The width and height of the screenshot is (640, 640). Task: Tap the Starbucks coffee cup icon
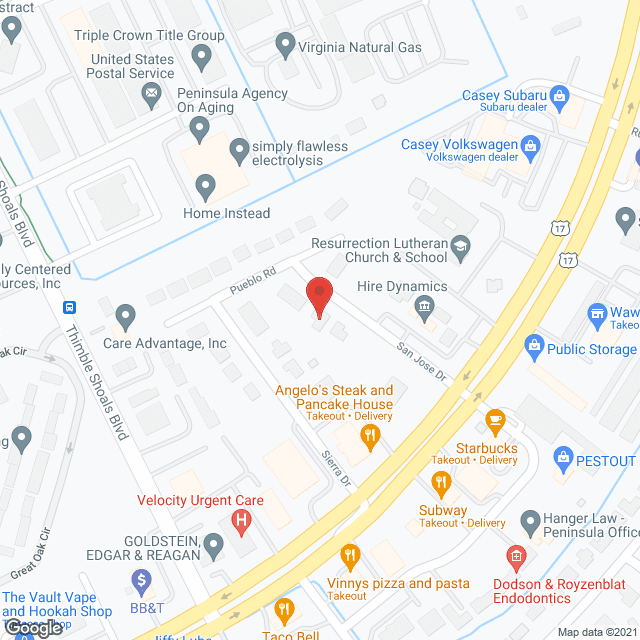pos(494,419)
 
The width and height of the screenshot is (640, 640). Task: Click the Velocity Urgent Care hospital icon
pos(240,520)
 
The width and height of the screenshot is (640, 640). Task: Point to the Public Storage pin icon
pos(533,349)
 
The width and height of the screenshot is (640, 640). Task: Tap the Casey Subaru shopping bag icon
pos(560,96)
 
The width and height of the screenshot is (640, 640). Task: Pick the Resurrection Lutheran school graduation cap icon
pos(461,246)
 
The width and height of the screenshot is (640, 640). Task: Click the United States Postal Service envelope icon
pos(152,96)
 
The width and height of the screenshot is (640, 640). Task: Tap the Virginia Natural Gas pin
pos(285,46)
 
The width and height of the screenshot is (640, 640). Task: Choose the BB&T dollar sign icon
pos(141,579)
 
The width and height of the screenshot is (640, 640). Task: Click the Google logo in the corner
pos(32,626)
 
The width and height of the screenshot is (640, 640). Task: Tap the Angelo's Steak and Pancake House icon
pos(369,434)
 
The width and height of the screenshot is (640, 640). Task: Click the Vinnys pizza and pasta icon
pos(349,554)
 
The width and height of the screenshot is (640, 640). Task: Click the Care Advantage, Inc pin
pos(125,317)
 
